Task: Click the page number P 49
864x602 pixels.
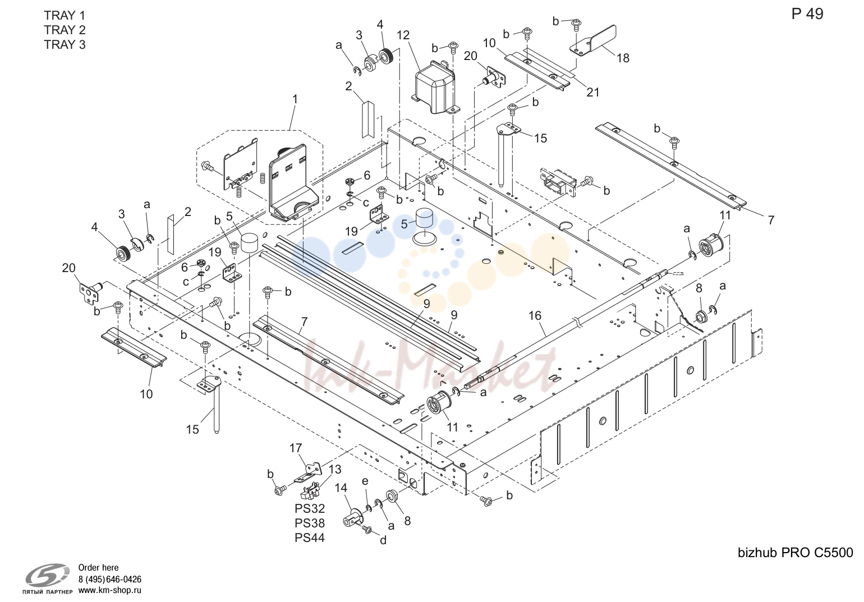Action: (807, 14)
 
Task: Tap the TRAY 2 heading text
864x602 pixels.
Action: (65, 30)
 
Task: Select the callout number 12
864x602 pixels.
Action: (403, 35)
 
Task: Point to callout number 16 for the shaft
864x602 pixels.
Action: (535, 315)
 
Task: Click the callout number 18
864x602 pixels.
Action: (623, 58)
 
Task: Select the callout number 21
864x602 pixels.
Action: (593, 92)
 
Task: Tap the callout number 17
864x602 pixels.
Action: (296, 448)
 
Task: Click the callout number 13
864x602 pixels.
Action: (335, 470)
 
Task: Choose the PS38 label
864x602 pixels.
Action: (310, 523)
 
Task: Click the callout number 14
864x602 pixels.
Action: (341, 488)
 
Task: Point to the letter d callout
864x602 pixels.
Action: (383, 540)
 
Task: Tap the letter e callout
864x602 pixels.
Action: (365, 482)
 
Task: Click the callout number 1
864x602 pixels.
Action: (295, 99)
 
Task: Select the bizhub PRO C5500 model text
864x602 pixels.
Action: (796, 553)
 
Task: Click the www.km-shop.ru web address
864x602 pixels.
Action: (110, 590)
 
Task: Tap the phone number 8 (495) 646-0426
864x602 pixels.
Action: (110, 579)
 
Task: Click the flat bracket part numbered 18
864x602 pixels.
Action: (593, 41)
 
